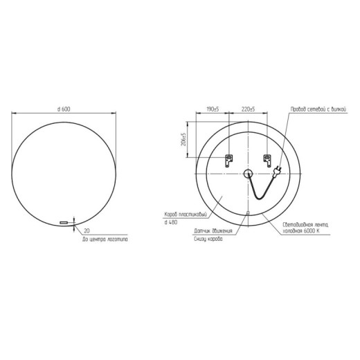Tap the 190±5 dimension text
pos(213,109)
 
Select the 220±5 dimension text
pos(249,109)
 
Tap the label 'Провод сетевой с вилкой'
pos(316,109)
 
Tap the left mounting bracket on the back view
pos(227,161)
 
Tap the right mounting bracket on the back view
pos(264,161)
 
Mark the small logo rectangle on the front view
pos(65,222)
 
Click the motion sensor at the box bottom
pos(249,213)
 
